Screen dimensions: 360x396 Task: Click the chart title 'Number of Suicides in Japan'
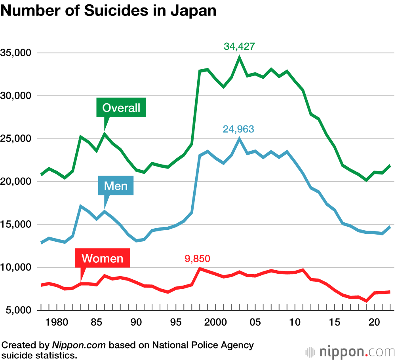109,11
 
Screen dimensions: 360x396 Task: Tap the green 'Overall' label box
121,108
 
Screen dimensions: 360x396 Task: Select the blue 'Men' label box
116,186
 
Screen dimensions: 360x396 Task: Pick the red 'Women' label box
103,259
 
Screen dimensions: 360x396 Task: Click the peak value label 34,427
239,46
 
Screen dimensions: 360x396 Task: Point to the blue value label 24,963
238,129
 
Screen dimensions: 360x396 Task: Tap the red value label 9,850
197,259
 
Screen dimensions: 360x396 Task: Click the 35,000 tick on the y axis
17,53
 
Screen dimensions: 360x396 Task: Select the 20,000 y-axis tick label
17,182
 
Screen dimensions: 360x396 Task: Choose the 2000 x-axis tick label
215,322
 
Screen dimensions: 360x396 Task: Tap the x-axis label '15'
335,322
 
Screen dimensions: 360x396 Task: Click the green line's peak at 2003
239,58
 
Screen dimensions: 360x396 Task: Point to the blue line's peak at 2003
239,139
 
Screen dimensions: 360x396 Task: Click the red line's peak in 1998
200,269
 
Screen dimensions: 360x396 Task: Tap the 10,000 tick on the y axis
17,267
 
